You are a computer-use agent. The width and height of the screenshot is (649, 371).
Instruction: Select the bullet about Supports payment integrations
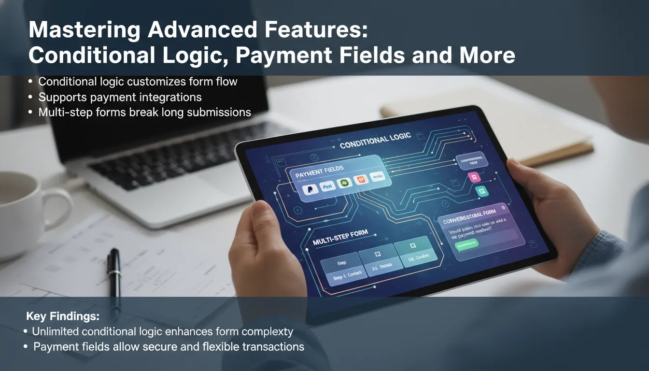pyautogui.click(x=120, y=97)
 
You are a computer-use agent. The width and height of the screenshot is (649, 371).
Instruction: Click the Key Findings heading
pyautogui.click(x=63, y=317)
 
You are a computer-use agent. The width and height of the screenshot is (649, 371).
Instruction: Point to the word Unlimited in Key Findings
pyautogui.click(x=56, y=331)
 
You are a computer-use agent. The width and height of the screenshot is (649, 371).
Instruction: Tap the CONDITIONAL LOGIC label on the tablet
pyautogui.click(x=375, y=141)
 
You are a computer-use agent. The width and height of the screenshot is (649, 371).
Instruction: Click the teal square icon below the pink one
pyautogui.click(x=482, y=192)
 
